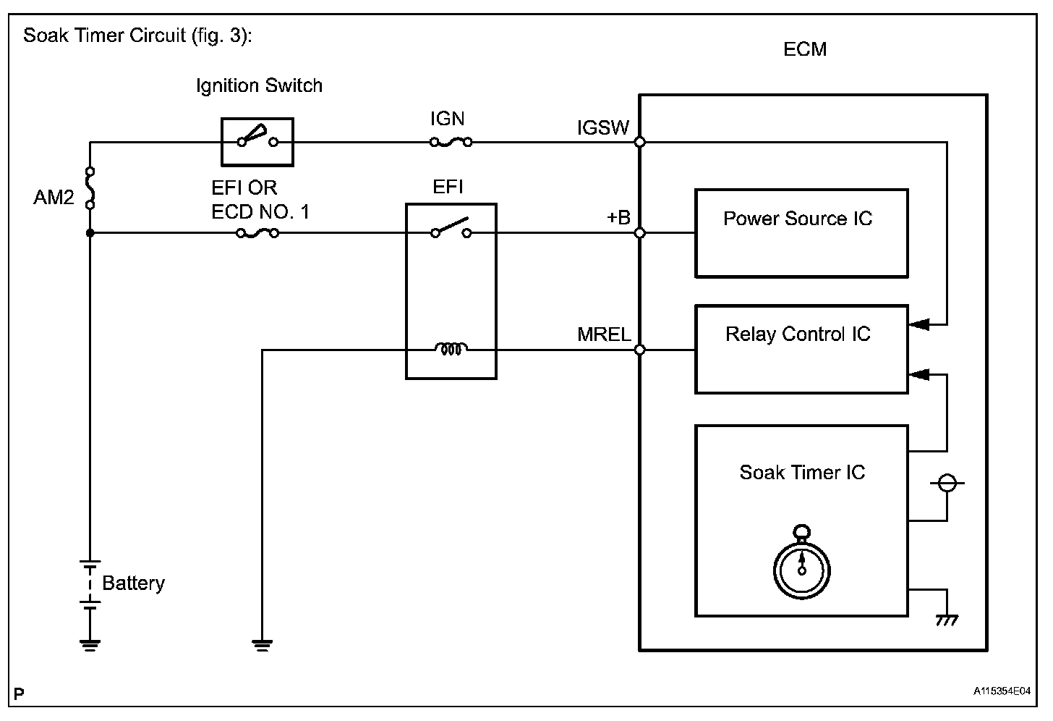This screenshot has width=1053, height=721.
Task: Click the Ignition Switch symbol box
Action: pyautogui.click(x=257, y=142)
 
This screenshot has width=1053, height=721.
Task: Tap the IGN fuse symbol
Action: pyautogui.click(x=451, y=142)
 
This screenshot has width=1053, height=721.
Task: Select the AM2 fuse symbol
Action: pyautogui.click(x=90, y=188)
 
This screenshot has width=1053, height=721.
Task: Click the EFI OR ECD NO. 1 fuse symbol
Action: pyautogui.click(x=257, y=233)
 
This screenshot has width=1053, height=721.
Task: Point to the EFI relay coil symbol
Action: pyautogui.click(x=451, y=350)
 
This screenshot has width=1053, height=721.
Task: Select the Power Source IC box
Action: pyautogui.click(x=801, y=233)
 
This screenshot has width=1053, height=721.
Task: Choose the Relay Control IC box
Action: pyautogui.click(x=801, y=349)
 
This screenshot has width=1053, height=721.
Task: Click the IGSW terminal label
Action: pyautogui.click(x=603, y=128)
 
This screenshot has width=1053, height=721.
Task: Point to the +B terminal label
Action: pyautogui.click(x=618, y=217)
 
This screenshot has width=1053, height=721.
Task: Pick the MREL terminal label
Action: pyautogui.click(x=604, y=334)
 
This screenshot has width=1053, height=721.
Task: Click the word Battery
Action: pyautogui.click(x=133, y=583)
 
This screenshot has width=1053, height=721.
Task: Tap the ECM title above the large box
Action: pyautogui.click(x=805, y=49)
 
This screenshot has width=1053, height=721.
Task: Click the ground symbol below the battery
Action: pyautogui.click(x=90, y=644)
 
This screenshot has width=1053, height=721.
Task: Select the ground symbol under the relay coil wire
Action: pyautogui.click(x=262, y=644)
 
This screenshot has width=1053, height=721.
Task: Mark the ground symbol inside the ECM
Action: pyautogui.click(x=947, y=620)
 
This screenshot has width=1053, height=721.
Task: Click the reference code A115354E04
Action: pyautogui.click(x=1002, y=692)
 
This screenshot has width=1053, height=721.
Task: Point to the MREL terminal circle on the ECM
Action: pyautogui.click(x=640, y=350)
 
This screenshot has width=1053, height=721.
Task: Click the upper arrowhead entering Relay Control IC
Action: pyautogui.click(x=918, y=324)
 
